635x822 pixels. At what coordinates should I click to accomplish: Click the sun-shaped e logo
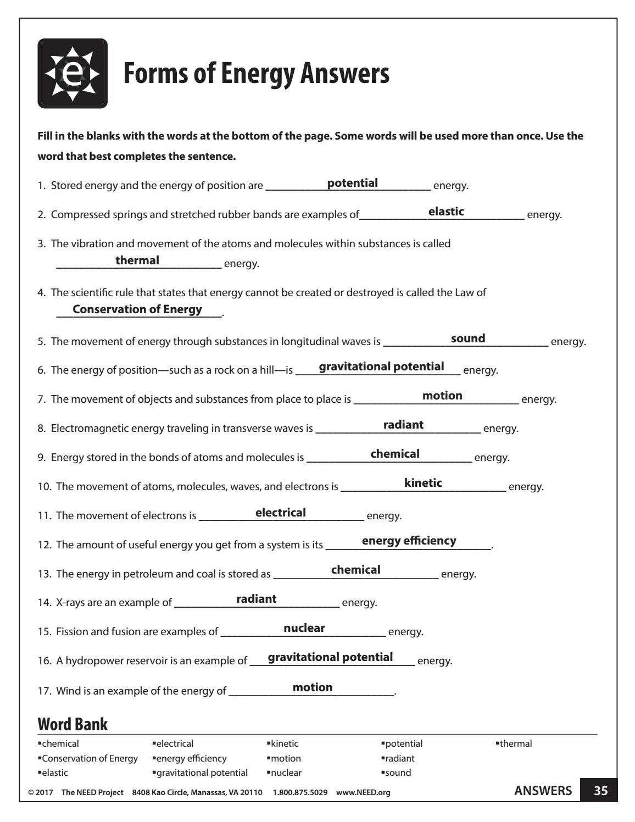point(73,74)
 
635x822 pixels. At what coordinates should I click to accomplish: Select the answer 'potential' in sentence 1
point(352,183)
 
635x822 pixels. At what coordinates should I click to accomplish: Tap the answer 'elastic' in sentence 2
point(446,212)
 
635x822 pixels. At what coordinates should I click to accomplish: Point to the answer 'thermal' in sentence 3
point(137,260)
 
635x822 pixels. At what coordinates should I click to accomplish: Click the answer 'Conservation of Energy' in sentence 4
point(137,309)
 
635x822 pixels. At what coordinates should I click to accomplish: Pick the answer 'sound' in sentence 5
point(468,338)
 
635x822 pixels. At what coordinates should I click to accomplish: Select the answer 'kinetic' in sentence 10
point(423,483)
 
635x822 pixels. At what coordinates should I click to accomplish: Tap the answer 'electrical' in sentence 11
point(281,513)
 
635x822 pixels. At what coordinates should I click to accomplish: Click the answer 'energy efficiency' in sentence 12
point(409,541)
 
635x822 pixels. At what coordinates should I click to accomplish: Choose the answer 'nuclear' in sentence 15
point(304,628)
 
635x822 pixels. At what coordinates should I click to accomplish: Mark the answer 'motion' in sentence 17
point(313,687)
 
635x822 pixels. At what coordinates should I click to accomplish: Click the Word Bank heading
point(73,724)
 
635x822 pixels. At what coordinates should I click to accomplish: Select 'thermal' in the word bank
point(515,743)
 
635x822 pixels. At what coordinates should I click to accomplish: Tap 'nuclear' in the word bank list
point(286,773)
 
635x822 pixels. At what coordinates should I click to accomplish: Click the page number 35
point(601,791)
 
